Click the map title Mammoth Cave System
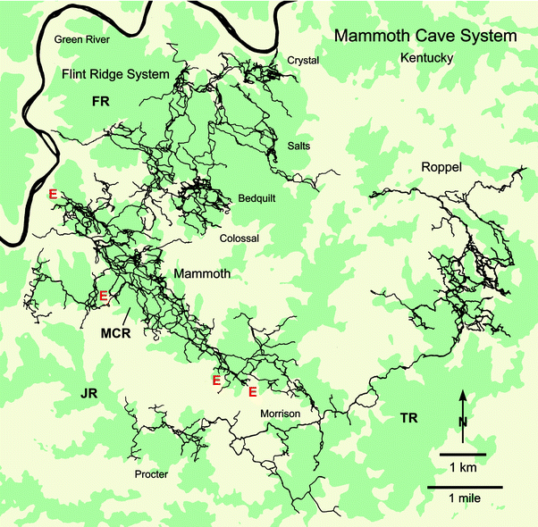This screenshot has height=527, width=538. click(x=425, y=37)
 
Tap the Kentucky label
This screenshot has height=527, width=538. click(x=427, y=59)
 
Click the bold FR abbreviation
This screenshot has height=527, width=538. click(x=100, y=104)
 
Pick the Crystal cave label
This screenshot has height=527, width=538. click(x=303, y=60)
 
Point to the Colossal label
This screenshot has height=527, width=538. click(x=239, y=239)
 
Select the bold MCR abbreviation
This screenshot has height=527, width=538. click(x=115, y=333)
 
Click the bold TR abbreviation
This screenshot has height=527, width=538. click(x=409, y=417)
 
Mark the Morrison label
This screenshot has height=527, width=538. click(x=280, y=415)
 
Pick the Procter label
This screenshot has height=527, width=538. click(x=150, y=474)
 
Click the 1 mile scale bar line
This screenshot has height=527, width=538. click(x=463, y=488)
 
